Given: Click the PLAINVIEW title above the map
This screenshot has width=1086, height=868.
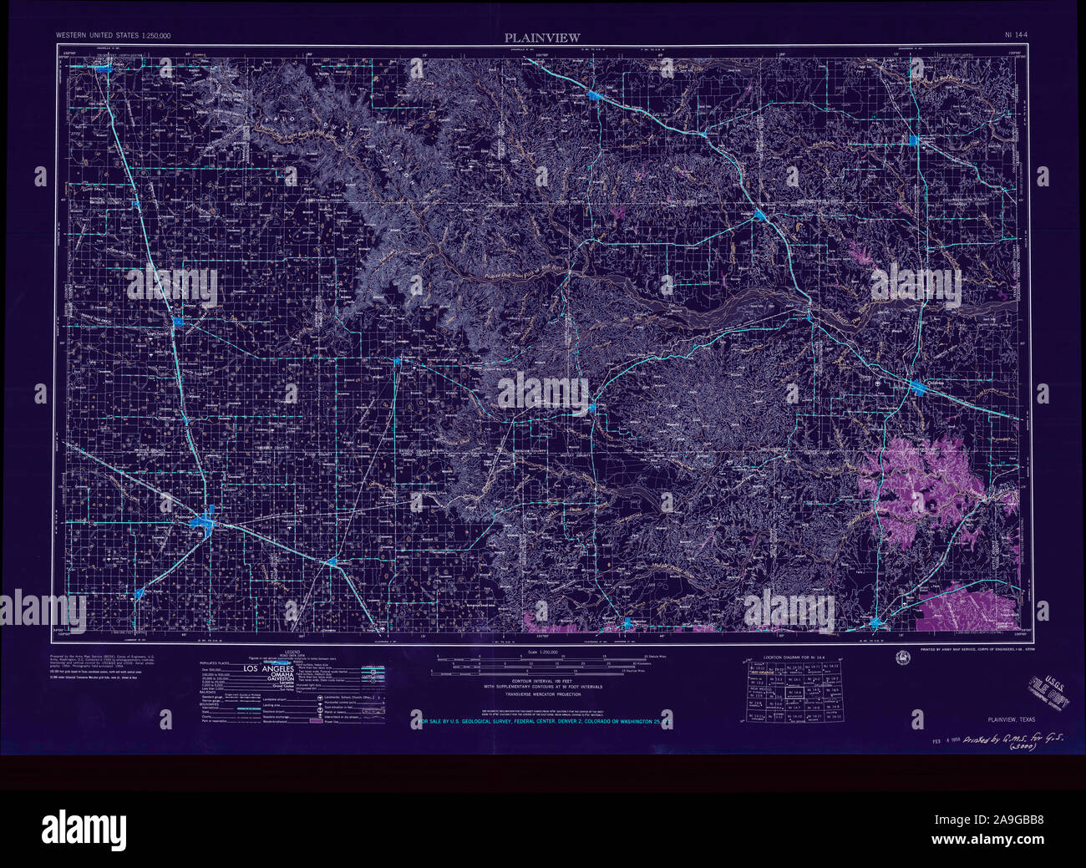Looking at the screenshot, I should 541,37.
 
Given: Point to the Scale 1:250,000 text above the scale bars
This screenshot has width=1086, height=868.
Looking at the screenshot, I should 541,652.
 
